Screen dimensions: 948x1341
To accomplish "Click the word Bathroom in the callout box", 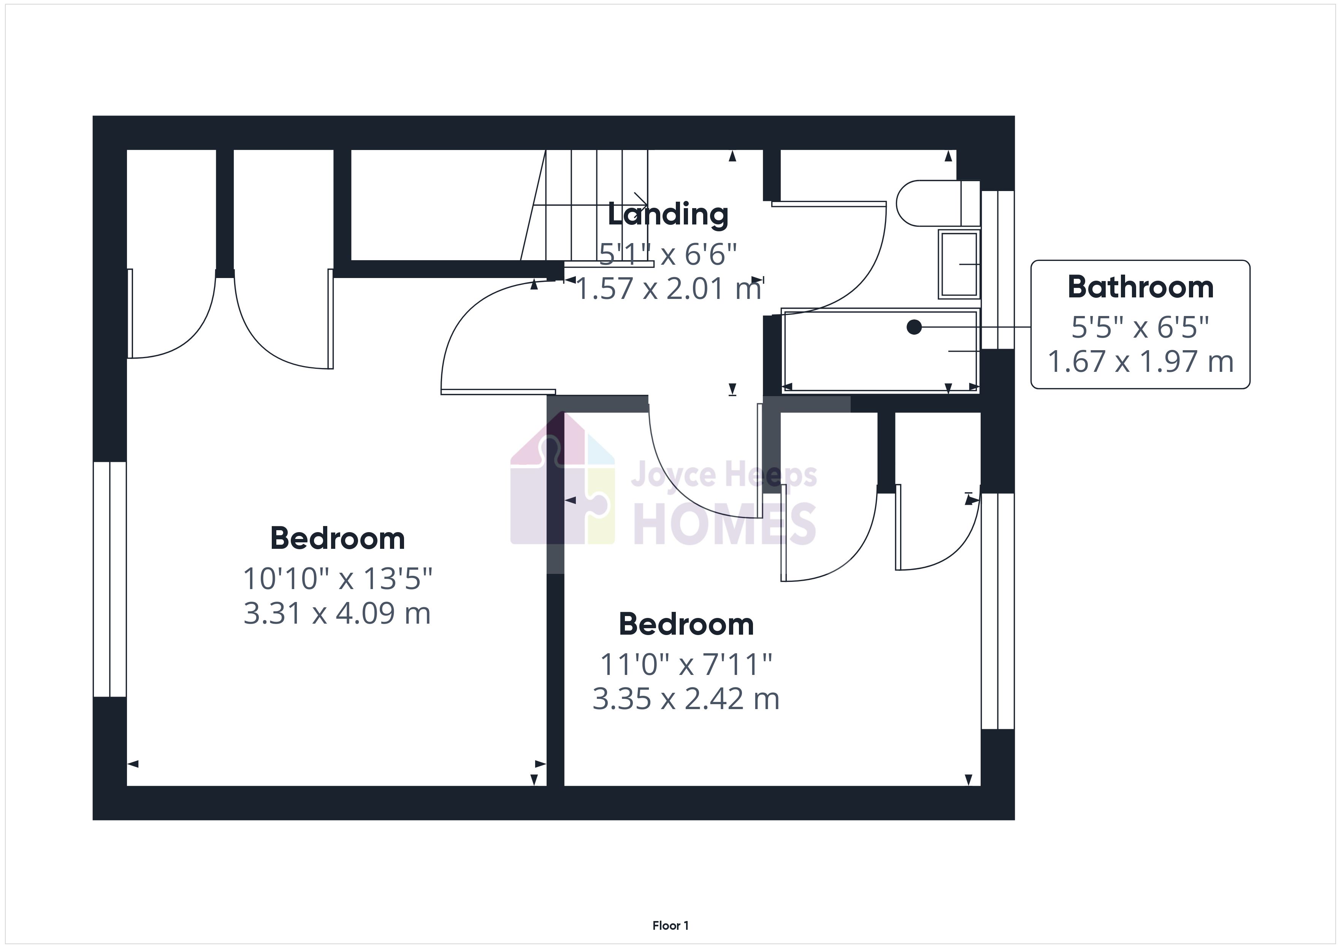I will [x=1140, y=287].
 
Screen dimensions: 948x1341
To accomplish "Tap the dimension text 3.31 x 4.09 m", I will [x=337, y=613].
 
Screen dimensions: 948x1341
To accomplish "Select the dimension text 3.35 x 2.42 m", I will [x=686, y=699].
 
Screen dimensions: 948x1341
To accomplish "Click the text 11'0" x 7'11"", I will [x=686, y=664].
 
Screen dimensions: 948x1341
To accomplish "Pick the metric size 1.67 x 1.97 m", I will [x=1140, y=361].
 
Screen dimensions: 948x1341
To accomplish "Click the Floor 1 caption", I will [x=670, y=909].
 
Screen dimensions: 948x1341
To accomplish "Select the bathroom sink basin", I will [x=959, y=264].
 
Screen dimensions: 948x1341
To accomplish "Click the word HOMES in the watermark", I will [x=724, y=524].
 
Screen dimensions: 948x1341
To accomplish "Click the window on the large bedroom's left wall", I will [x=110, y=579].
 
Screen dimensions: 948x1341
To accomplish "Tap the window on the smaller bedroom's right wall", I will [x=997, y=611].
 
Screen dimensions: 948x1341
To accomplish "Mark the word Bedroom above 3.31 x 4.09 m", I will [x=337, y=538].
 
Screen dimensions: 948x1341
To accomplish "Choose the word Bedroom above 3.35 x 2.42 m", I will [x=686, y=624].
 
